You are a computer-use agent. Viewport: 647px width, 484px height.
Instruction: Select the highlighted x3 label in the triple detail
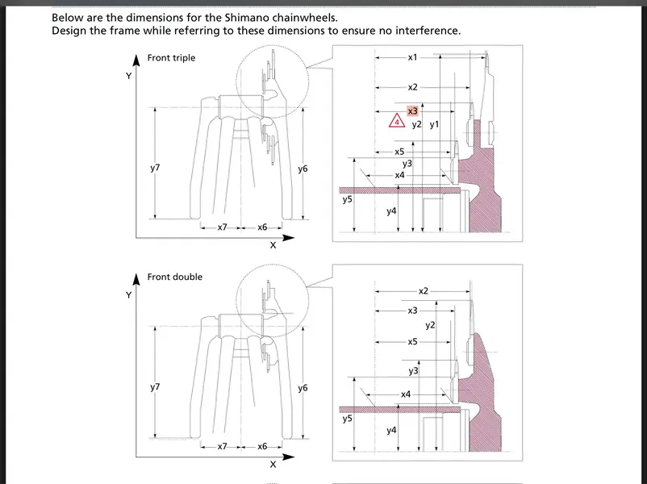(x=412, y=111)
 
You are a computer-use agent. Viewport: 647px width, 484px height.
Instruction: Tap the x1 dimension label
(x=412, y=58)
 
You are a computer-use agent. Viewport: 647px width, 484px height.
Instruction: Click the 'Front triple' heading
(x=171, y=58)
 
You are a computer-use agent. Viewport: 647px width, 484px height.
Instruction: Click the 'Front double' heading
(x=174, y=277)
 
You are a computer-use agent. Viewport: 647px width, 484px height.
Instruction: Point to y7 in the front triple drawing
(x=155, y=168)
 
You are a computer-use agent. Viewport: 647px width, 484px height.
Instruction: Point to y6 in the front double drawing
(x=303, y=388)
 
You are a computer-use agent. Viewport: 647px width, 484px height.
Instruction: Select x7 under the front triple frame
(x=222, y=227)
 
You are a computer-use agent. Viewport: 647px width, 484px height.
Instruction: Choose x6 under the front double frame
(x=262, y=446)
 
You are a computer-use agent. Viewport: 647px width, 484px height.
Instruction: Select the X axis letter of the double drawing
(x=273, y=465)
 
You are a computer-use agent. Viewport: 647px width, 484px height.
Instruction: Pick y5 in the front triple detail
(x=347, y=199)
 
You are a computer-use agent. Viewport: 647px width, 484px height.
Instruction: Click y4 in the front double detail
(x=391, y=430)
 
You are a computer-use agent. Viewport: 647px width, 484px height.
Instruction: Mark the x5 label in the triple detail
(x=399, y=152)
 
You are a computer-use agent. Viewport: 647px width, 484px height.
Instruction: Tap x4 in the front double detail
(x=406, y=394)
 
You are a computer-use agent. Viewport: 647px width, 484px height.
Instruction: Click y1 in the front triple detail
(x=434, y=125)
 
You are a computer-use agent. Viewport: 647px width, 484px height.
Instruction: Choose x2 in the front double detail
(x=424, y=290)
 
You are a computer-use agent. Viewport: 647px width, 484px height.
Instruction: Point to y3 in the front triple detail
(x=407, y=164)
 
